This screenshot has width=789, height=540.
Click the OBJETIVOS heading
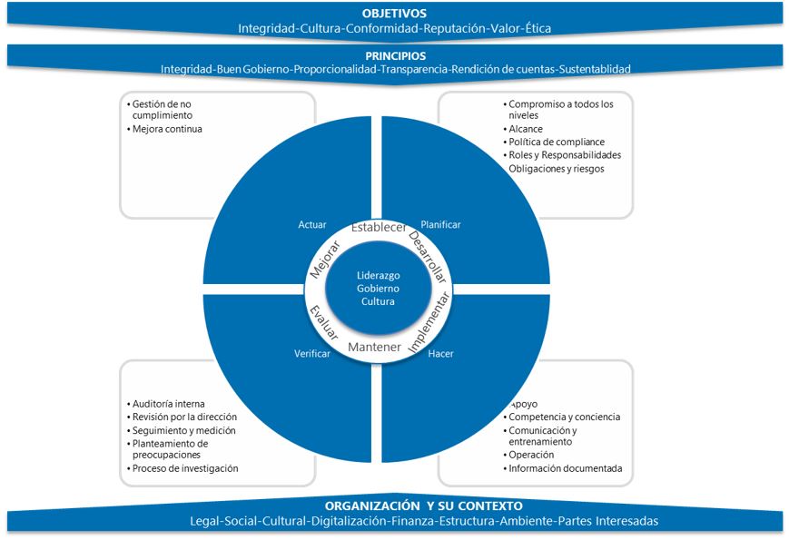(x=394, y=14)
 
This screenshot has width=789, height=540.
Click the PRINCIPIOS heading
(x=395, y=54)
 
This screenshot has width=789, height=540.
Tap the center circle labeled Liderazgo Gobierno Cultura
(x=375, y=288)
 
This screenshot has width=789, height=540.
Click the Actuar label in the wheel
(x=311, y=224)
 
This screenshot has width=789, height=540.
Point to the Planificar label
(x=440, y=224)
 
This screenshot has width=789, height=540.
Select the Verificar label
(x=311, y=353)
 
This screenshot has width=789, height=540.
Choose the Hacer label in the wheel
(x=440, y=353)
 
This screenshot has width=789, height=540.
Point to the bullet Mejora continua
(x=167, y=129)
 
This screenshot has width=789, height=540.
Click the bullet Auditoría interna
(x=169, y=404)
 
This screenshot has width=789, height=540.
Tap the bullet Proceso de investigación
(x=185, y=468)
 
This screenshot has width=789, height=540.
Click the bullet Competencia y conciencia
(x=564, y=417)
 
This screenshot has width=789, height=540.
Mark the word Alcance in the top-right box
(x=527, y=129)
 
